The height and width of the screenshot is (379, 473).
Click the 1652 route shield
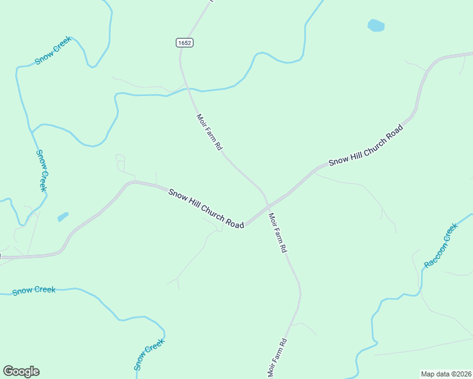[x=185, y=42]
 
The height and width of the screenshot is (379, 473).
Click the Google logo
[x=21, y=371]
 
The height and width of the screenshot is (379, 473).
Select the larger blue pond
[x=376, y=26]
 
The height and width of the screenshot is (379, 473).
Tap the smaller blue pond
[x=63, y=217]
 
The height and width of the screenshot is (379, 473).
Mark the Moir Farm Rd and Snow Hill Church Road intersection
[x=267, y=205]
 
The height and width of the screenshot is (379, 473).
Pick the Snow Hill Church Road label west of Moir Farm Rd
[x=206, y=208]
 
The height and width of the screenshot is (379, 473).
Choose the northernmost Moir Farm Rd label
[x=209, y=132]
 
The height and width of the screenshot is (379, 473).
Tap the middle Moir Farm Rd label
[x=278, y=233]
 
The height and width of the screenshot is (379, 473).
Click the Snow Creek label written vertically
[x=42, y=171]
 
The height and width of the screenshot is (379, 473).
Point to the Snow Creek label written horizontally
[x=34, y=291]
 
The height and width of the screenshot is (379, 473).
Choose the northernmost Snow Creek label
[x=58, y=51]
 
